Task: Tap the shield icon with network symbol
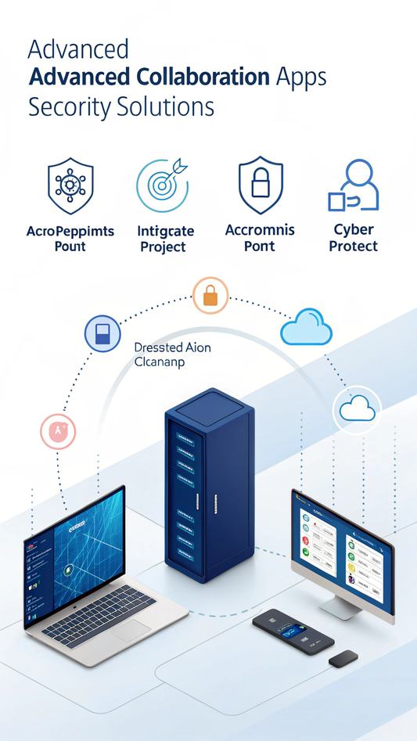pos(70,186)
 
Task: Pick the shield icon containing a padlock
pos(260,185)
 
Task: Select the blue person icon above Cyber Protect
pos(354,185)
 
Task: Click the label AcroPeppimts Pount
pos(70,239)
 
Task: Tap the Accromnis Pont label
pos(260,238)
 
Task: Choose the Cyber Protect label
pos(354,238)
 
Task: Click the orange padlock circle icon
pos(210,296)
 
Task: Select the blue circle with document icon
pos(102,333)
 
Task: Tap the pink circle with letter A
pos(58,431)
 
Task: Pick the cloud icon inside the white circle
pos(357,408)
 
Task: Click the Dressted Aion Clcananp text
pos(172,354)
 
